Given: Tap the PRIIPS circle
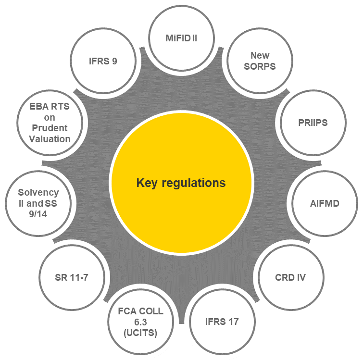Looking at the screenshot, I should tap(312, 123).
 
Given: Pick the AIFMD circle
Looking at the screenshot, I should tap(325, 203).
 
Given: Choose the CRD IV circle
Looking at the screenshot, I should tap(290, 277).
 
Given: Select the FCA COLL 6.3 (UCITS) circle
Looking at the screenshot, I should tap(141, 321).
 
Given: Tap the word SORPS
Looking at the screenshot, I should tap(260, 66).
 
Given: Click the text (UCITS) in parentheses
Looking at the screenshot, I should tap(141, 332).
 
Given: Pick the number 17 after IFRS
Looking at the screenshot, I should tap(233, 321).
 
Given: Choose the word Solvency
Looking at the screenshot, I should tap(38, 192).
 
